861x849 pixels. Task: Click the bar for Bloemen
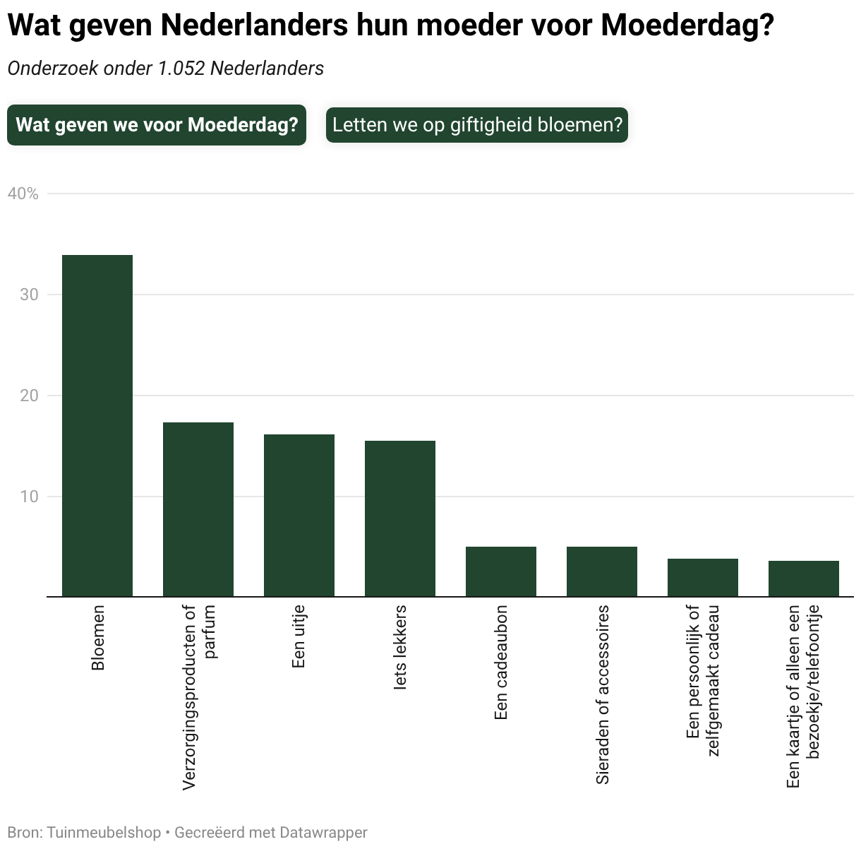pos(97,425)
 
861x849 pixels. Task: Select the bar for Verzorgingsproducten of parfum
pos(198,509)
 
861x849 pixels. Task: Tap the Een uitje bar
pos(299,516)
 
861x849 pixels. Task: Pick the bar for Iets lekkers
pos(400,518)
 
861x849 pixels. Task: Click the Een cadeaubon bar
pos(501,571)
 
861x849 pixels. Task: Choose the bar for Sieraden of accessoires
pos(602,571)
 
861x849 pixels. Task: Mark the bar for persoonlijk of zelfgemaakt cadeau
pos(703,578)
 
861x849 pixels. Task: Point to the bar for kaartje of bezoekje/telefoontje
pos(804,578)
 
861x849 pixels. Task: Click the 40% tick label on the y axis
pos(23,194)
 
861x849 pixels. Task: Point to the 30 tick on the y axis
pos(29,295)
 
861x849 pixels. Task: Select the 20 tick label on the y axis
pos(29,396)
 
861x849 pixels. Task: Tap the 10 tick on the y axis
pos(29,496)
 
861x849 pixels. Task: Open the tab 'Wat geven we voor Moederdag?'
pos(157,125)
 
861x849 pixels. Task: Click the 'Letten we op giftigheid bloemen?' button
pos(477,125)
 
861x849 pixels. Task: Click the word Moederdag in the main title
pos(687,25)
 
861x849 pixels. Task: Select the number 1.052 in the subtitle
pos(181,69)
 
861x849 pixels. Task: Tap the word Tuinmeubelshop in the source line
pos(104,833)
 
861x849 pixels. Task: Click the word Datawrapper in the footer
pos(323,833)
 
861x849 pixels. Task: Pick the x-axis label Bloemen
pos(97,638)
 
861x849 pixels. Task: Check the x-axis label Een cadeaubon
pos(501,662)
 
